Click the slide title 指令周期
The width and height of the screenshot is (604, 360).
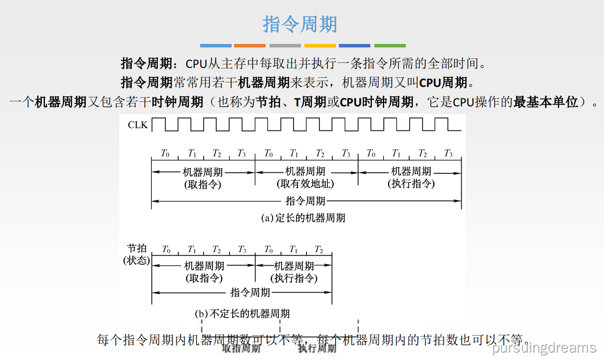pyautogui.click(x=300, y=24)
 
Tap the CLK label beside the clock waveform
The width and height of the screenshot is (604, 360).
pyautogui.click(x=138, y=125)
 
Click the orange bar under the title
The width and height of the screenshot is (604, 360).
pyautogui.click(x=250, y=45)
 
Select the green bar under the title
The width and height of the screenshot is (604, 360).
pyautogui.click(x=390, y=45)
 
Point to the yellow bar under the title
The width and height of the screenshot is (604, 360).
pyautogui.click(x=320, y=45)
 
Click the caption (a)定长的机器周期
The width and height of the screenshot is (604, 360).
pyautogui.click(x=303, y=218)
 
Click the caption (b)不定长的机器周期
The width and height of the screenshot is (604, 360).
pyautogui.click(x=242, y=314)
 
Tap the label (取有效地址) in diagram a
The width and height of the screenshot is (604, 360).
pyautogui.click(x=305, y=183)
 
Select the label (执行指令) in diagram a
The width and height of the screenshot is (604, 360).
pyautogui.click(x=411, y=183)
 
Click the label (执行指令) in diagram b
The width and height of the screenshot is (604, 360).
pyautogui.click(x=294, y=278)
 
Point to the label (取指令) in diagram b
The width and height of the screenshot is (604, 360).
pyautogui.click(x=204, y=278)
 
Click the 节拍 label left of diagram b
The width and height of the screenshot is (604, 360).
pyautogui.click(x=137, y=249)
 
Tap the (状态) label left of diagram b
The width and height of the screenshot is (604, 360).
pyautogui.click(x=137, y=260)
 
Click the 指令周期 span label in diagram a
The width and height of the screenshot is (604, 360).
pyautogui.click(x=305, y=201)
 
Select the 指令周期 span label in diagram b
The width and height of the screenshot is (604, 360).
pyautogui.click(x=250, y=292)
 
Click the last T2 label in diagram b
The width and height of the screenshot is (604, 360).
pyautogui.click(x=318, y=249)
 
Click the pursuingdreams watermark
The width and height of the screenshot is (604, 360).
pyautogui.click(x=544, y=348)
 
